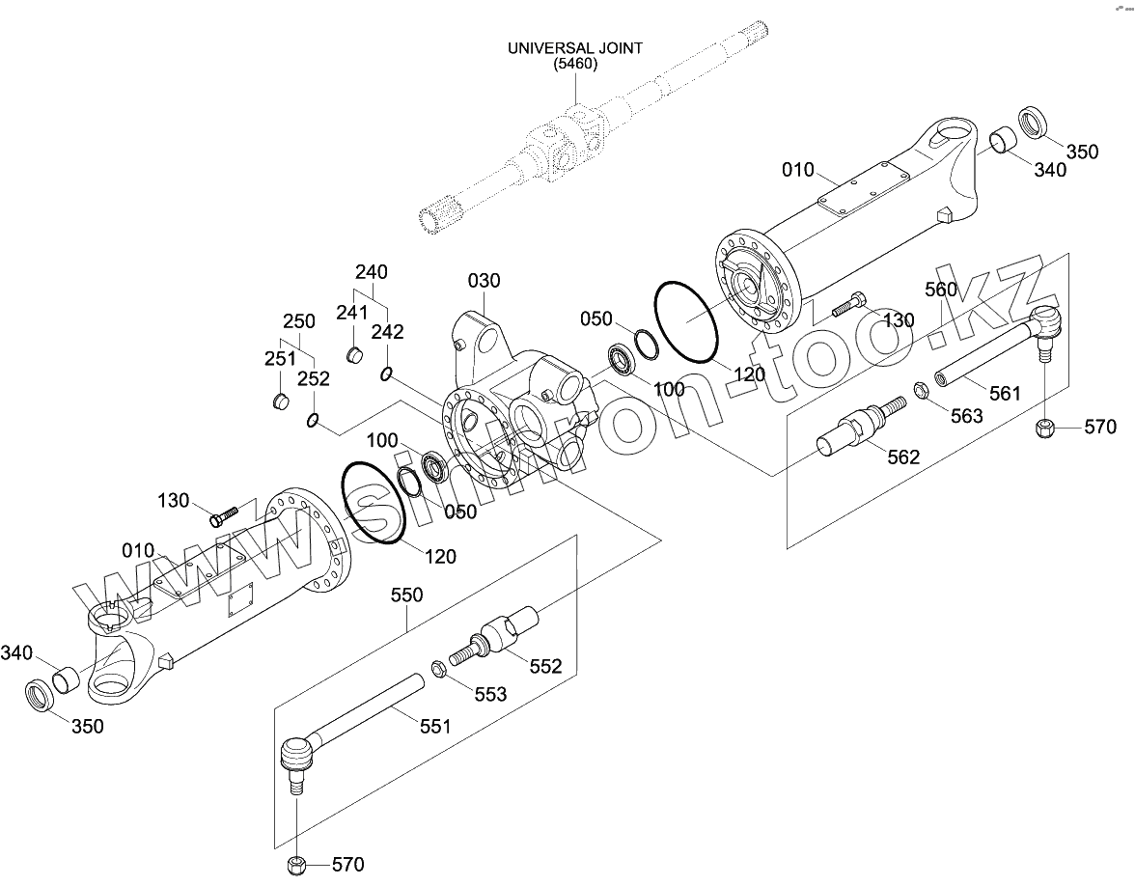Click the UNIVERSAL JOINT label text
[x=575, y=48]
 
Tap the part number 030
[x=484, y=281]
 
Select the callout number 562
[x=903, y=457]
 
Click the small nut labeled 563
[x=921, y=392]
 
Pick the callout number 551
[x=434, y=726]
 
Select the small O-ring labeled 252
[x=313, y=419]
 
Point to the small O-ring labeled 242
[x=386, y=374]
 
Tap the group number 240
[x=371, y=271]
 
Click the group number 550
[x=406, y=595]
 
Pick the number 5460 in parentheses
[x=575, y=65]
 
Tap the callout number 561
[x=1004, y=393]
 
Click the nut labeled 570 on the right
[x=1043, y=427]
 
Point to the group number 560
[x=941, y=290]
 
